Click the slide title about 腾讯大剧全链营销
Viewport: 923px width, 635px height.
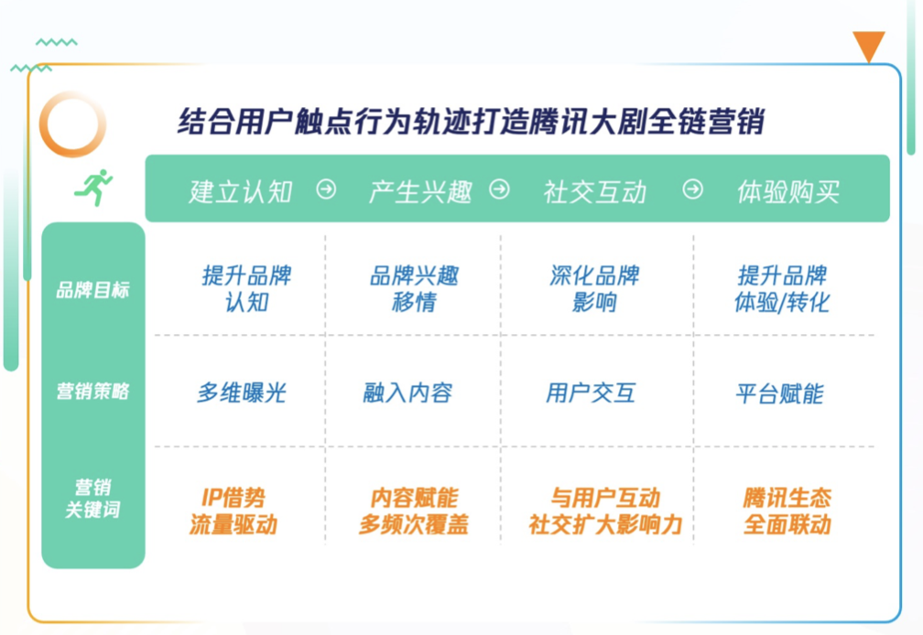click(471, 122)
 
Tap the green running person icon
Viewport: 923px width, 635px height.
click(93, 188)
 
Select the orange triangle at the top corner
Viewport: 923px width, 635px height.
click(869, 46)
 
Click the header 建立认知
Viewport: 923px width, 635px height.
click(241, 191)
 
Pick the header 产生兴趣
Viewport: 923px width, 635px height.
click(420, 191)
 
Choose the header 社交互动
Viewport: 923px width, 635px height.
click(595, 191)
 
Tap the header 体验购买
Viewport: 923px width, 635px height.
click(788, 191)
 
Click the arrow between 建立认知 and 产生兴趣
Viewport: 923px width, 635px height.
click(327, 189)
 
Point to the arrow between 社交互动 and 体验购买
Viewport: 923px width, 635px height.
click(693, 189)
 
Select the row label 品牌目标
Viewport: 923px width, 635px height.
click(92, 290)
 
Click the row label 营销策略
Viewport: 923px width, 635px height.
click(92, 391)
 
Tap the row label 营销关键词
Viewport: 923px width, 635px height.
click(92, 498)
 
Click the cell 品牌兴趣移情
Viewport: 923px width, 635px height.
click(415, 289)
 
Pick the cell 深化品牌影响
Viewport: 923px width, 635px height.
click(594, 289)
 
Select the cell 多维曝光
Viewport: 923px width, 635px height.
click(242, 393)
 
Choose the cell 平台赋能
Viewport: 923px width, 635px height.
click(779, 393)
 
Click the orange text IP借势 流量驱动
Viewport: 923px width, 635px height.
click(233, 511)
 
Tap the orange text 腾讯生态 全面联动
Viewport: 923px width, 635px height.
click(787, 511)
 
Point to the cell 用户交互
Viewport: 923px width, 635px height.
click(591, 393)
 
